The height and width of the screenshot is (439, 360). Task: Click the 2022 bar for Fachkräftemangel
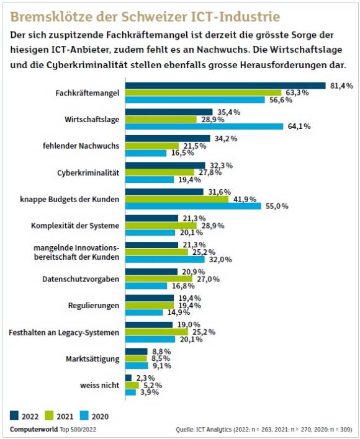[x=225, y=86]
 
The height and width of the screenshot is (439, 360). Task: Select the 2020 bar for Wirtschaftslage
[x=204, y=126]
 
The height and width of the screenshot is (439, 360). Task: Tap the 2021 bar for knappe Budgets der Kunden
[x=177, y=199]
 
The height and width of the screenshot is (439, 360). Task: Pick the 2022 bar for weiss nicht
[x=128, y=378]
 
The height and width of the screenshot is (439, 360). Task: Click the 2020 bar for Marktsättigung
[x=137, y=366]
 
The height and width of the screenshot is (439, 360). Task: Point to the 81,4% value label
[x=341, y=86]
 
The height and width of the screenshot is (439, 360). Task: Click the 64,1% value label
[x=299, y=126]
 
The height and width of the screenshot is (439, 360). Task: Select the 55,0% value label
[x=277, y=206]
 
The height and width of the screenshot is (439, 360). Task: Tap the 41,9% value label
[x=245, y=199]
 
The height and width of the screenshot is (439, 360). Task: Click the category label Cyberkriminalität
[x=88, y=173]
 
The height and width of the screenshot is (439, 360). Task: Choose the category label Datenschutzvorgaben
[x=81, y=279]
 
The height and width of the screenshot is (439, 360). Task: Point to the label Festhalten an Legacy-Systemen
[x=64, y=332]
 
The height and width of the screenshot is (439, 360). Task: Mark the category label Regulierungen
[x=94, y=306]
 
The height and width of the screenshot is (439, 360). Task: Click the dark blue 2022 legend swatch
[x=14, y=415]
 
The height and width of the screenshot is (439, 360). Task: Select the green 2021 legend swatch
[x=49, y=415]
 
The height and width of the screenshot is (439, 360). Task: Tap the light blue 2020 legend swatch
[x=84, y=415]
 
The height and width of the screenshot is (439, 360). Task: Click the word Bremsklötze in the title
[x=52, y=17]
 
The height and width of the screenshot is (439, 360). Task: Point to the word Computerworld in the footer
[x=34, y=430]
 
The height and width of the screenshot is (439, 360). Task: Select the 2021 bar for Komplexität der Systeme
[x=161, y=226]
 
